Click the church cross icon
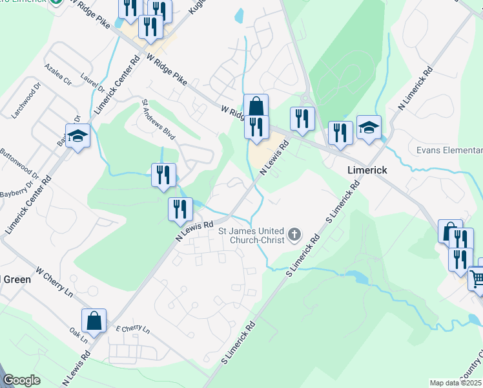point(294,233)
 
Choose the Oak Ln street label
point(79,332)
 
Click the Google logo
point(21,380)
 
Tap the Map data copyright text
point(456,383)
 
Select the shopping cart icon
point(477,279)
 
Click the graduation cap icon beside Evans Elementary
point(369,127)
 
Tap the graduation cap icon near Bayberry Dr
point(77,135)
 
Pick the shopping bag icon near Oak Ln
point(94,319)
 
